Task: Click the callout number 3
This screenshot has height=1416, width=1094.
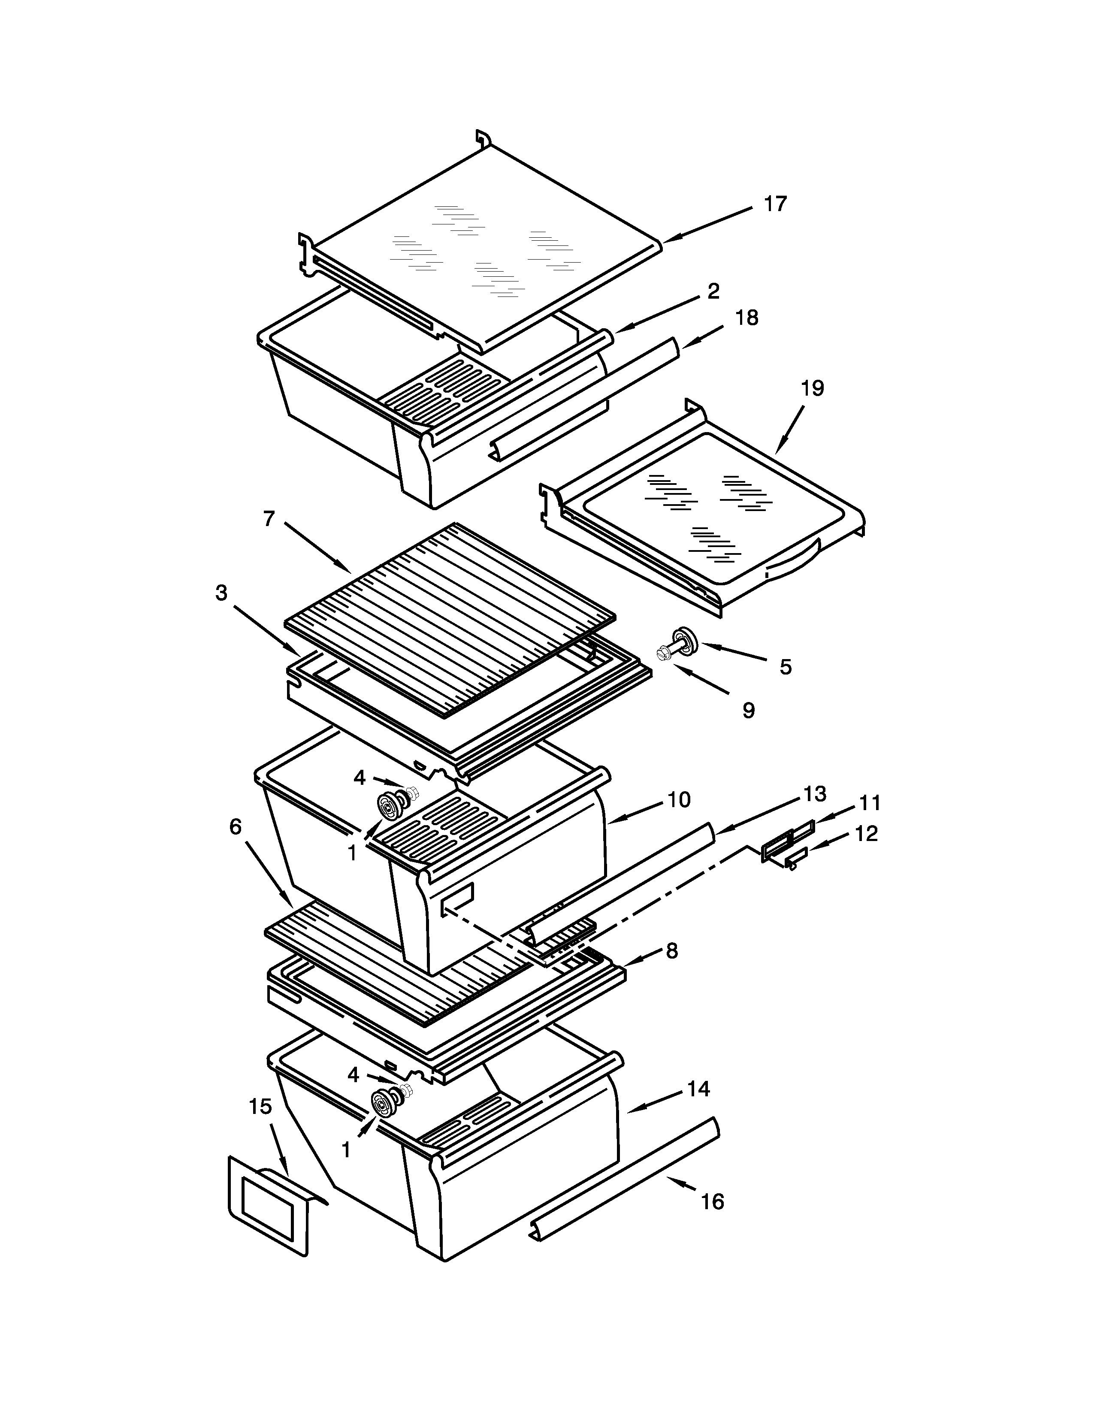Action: pos(222,593)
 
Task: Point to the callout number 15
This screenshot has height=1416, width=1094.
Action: pos(260,1106)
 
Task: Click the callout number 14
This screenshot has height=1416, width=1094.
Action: pos(698,1089)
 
